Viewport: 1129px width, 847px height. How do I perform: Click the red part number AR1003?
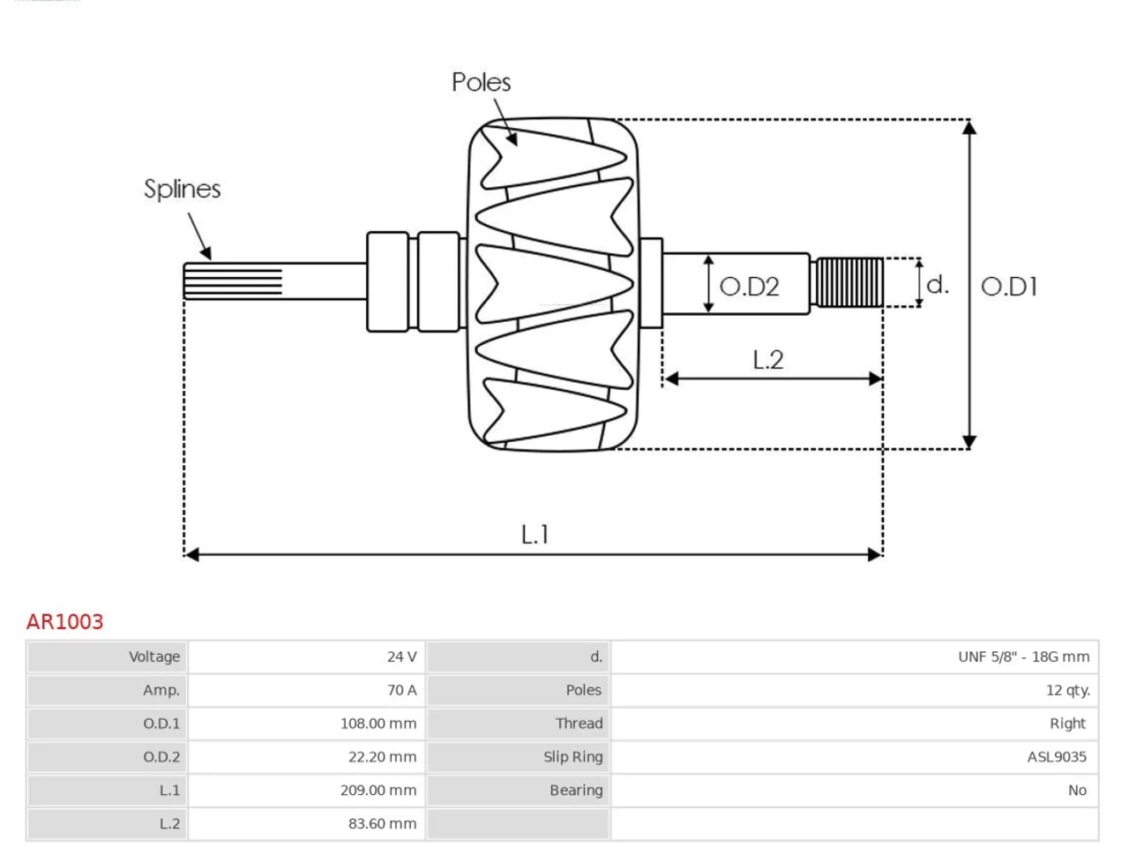click(x=64, y=621)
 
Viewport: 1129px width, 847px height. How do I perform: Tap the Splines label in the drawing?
click(x=182, y=189)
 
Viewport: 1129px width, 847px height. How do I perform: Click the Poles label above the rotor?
click(x=481, y=82)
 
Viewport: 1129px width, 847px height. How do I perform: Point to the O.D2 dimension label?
click(x=749, y=287)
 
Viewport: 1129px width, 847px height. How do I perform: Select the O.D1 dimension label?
click(x=1009, y=287)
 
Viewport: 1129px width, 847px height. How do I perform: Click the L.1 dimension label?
click(x=535, y=535)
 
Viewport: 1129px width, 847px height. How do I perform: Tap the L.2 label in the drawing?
click(x=768, y=359)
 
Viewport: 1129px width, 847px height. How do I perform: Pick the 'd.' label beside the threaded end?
click(x=937, y=284)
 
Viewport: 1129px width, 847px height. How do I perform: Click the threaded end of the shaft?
click(x=849, y=282)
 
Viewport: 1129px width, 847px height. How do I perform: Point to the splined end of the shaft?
click(x=233, y=281)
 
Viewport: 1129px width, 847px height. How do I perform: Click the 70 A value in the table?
click(x=401, y=690)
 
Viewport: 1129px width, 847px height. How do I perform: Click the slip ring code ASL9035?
click(x=1057, y=756)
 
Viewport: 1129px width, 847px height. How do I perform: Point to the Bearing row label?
click(x=576, y=790)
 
